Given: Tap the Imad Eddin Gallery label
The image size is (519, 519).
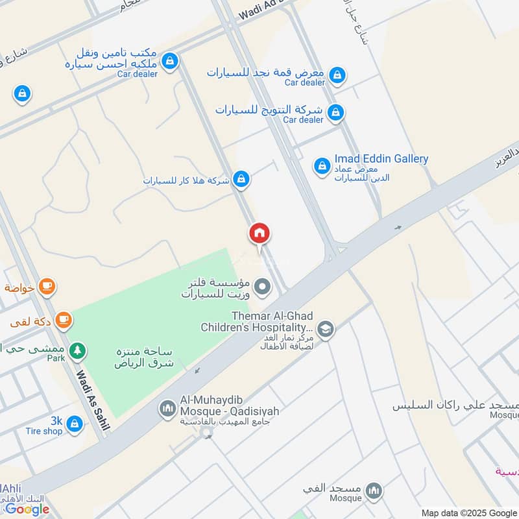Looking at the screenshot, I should [x=381, y=159].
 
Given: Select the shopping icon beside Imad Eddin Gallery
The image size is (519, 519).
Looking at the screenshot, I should [x=321, y=167].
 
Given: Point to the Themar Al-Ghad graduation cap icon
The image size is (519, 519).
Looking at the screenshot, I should [x=326, y=330].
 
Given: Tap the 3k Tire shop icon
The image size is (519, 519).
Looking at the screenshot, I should [x=75, y=424].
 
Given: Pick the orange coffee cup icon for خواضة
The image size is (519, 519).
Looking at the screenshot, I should [x=47, y=285].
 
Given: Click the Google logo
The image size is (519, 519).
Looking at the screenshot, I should [x=27, y=509].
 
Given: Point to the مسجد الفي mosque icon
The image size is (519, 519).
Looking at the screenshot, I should [x=374, y=491].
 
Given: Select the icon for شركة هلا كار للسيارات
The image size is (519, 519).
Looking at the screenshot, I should [x=241, y=179].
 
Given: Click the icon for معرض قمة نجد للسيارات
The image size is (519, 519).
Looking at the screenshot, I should [x=337, y=76].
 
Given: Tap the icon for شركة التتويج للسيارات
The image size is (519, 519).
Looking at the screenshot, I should [x=335, y=113].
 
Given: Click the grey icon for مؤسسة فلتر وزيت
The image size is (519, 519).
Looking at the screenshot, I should [x=262, y=286].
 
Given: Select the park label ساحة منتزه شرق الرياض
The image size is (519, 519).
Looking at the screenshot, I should [x=144, y=357].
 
